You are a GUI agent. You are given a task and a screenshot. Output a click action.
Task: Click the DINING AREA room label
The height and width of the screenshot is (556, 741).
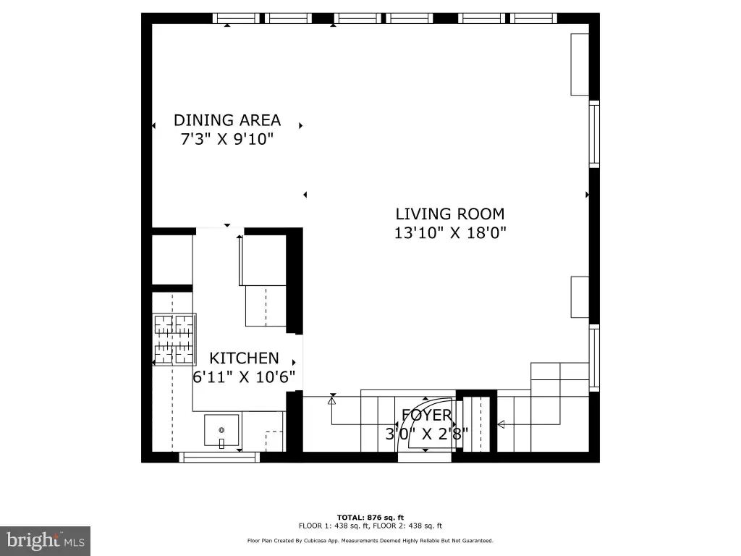227,120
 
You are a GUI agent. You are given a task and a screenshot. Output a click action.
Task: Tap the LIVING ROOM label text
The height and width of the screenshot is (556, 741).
450,214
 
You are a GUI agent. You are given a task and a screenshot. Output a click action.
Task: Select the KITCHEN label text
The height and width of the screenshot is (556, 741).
244,358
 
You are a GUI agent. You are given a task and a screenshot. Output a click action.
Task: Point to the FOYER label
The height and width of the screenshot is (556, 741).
427,415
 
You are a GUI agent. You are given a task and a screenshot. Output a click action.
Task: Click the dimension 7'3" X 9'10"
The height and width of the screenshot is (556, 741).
227,139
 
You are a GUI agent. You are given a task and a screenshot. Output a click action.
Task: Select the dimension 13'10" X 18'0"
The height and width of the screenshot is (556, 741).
450,232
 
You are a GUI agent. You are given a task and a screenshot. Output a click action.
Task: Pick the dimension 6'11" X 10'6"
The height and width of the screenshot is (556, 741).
244,376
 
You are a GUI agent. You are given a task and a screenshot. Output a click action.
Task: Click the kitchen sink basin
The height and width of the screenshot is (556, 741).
221,430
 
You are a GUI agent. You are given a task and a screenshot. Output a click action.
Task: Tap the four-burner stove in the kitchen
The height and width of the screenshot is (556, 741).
174,340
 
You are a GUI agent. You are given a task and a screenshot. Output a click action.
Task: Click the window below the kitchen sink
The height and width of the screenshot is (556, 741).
219,458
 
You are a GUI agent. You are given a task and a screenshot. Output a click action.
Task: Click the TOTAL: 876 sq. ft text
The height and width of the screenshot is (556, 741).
370,518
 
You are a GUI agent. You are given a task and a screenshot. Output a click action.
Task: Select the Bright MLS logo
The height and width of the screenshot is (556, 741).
45,541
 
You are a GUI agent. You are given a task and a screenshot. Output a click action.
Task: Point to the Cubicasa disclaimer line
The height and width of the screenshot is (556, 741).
370,540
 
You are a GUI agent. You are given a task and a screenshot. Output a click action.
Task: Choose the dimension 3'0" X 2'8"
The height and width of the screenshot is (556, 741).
427,434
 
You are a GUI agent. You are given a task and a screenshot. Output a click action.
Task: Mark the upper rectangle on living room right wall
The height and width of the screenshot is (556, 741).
580,64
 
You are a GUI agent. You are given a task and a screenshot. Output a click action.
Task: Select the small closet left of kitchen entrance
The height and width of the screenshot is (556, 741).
172,260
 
